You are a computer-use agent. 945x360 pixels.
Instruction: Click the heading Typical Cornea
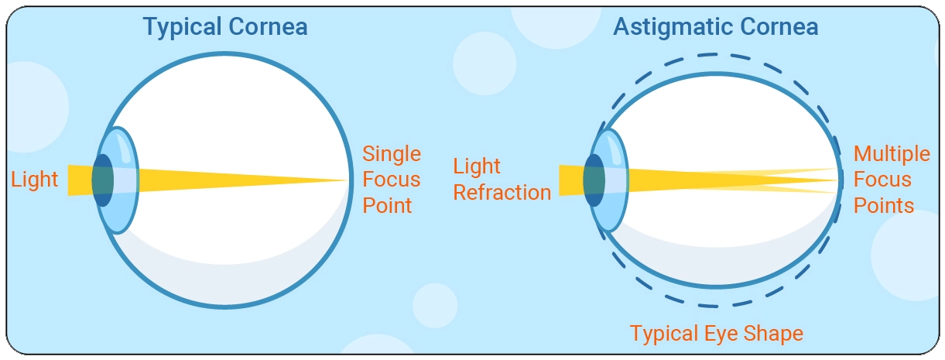(225, 27)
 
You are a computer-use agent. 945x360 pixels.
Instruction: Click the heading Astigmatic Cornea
(715, 27)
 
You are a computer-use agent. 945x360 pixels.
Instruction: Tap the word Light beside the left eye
(35, 180)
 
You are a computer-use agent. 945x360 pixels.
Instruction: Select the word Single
(392, 154)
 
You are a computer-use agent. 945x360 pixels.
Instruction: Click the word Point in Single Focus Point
(387, 205)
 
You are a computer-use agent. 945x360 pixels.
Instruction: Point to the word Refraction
(502, 193)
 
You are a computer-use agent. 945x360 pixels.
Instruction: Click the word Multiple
(892, 154)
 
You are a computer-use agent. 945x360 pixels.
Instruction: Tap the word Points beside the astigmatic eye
(884, 205)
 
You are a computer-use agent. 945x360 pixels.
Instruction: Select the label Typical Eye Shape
(717, 334)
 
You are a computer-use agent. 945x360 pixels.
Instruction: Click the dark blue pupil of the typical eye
(103, 180)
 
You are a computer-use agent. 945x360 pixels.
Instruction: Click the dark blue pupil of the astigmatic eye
(594, 180)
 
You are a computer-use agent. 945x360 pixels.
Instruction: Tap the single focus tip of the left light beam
(348, 180)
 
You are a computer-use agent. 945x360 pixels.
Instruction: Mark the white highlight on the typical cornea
(125, 149)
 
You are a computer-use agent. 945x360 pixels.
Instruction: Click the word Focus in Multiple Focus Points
(882, 180)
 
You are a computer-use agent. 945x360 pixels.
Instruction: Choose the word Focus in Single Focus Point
(392, 180)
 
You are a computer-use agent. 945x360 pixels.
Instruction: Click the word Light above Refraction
(477, 166)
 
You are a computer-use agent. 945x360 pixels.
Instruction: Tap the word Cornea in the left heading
(269, 26)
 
